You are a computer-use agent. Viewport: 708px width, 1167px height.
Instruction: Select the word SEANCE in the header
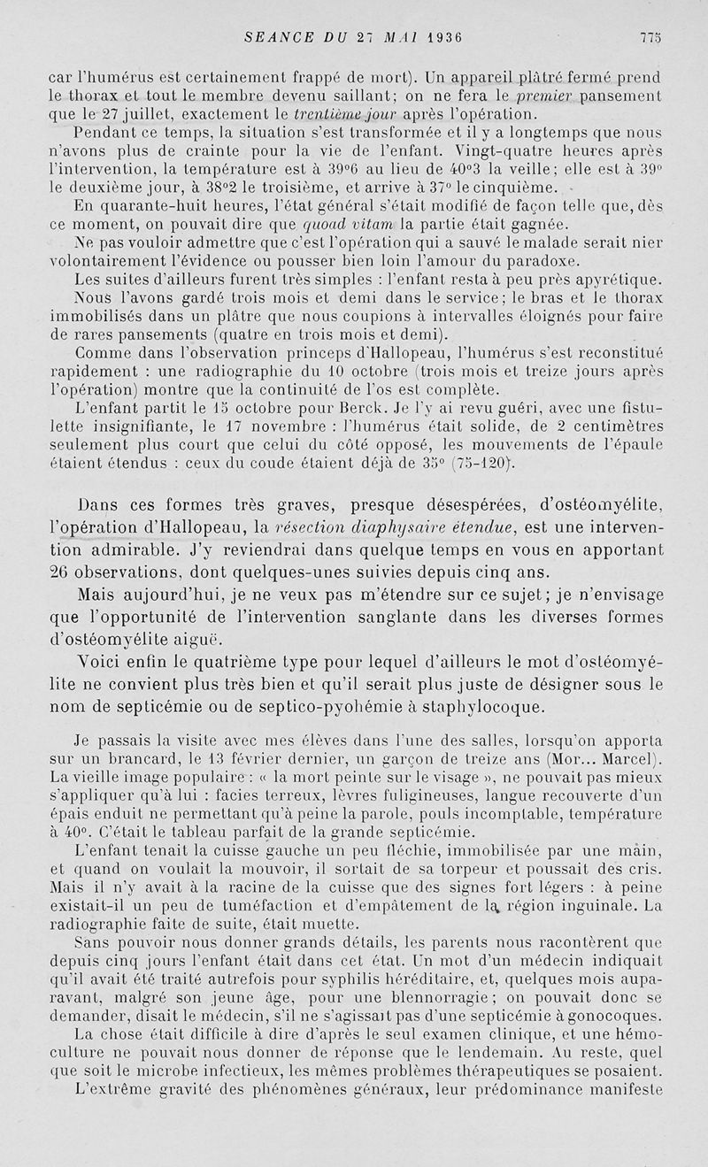[x=275, y=38]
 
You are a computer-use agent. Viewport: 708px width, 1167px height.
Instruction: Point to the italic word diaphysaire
[x=387, y=528]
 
